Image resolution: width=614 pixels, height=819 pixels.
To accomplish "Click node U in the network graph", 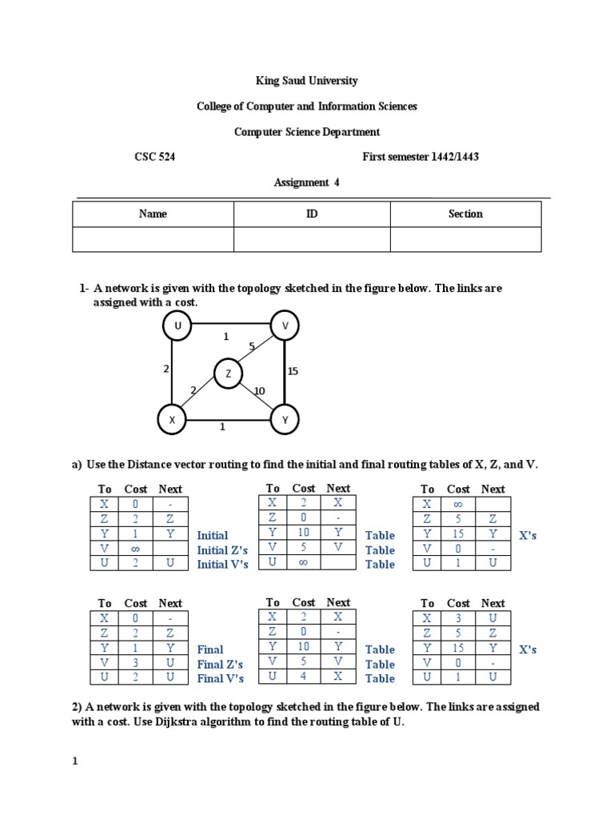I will [x=177, y=325].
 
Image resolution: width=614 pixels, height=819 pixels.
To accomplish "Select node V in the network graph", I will [x=285, y=325].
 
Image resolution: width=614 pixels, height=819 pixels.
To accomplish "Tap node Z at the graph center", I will [x=228, y=373].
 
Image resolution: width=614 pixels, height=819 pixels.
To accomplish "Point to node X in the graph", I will [x=171, y=418].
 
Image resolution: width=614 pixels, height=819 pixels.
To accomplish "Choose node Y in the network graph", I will [x=285, y=418].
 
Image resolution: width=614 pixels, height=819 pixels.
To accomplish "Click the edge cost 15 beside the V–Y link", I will [x=293, y=371].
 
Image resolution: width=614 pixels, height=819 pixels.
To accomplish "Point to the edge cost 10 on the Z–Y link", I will [x=259, y=390].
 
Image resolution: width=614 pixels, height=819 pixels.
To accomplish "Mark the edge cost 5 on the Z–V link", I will [x=252, y=346].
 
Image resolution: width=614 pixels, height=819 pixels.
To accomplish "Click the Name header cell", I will [x=153, y=214].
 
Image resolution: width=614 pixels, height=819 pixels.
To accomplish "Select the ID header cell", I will [x=312, y=214].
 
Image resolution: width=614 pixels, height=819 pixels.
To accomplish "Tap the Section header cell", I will [x=465, y=214].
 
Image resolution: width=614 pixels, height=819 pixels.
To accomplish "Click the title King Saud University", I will [x=307, y=81].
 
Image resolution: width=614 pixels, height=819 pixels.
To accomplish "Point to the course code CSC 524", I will [x=154, y=157].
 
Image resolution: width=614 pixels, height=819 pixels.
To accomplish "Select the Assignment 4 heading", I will [x=307, y=182].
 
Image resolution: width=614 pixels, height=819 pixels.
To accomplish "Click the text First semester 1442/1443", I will [x=421, y=157].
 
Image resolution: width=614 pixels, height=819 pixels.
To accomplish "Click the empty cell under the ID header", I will [x=312, y=239].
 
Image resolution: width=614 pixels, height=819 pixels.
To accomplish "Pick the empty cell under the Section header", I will [x=465, y=239].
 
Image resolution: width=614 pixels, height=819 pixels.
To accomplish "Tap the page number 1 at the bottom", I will [x=75, y=761].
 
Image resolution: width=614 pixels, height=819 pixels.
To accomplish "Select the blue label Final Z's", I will [x=221, y=664].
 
